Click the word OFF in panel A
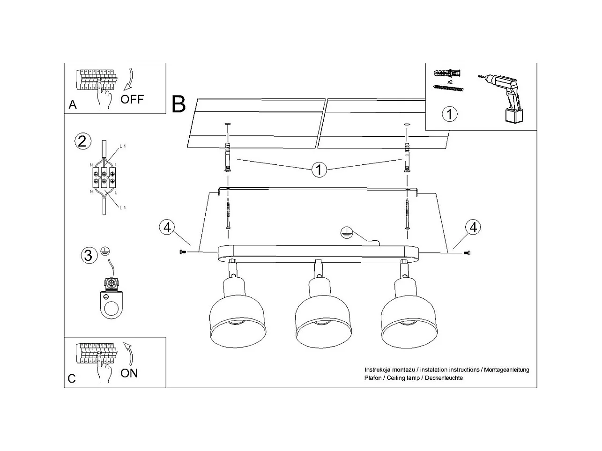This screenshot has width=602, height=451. (132, 99)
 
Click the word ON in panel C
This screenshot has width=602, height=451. (129, 373)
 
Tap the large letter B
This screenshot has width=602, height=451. (179, 104)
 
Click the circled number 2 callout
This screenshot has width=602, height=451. (82, 141)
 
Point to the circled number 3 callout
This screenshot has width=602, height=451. (88, 255)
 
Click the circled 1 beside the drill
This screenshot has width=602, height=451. (450, 114)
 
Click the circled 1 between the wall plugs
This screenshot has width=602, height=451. (319, 170)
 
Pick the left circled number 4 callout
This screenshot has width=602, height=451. (167, 227)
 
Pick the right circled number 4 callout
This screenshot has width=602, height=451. (473, 227)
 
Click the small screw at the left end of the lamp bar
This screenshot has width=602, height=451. (183, 252)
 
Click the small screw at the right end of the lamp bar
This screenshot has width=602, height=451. (467, 253)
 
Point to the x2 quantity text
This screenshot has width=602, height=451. (449, 82)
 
